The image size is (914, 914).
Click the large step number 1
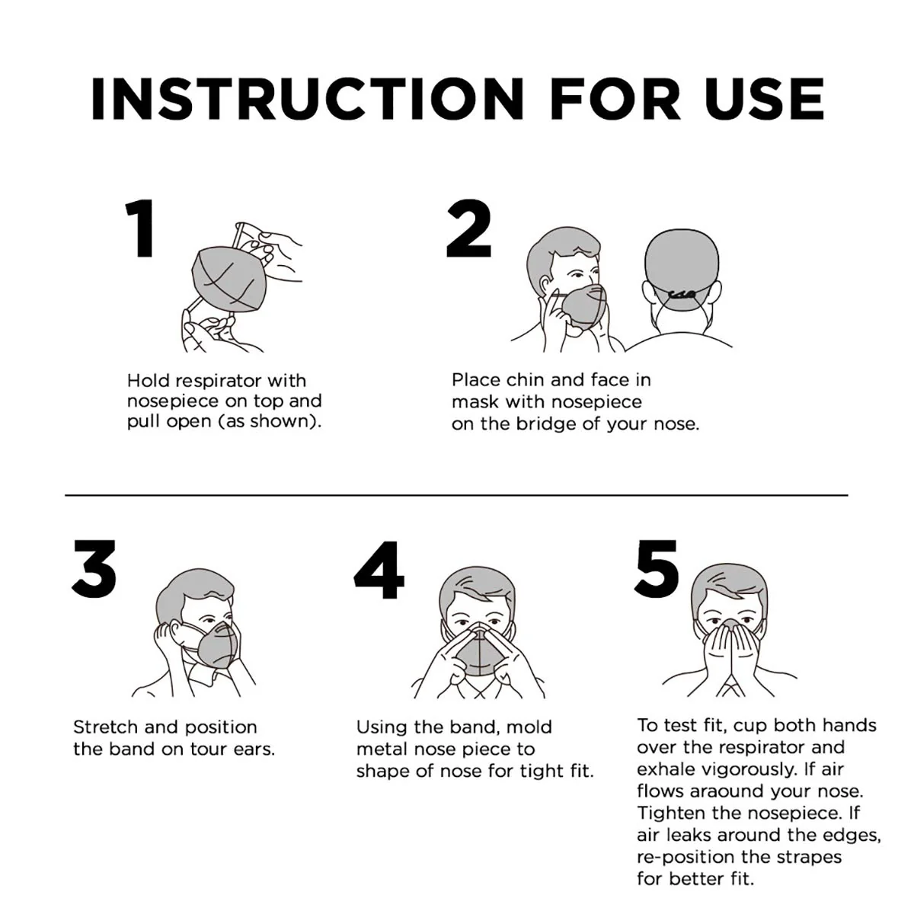click(x=141, y=228)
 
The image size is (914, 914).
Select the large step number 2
click(x=468, y=228)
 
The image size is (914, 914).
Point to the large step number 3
click(x=94, y=569)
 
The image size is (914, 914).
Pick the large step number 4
click(x=379, y=569)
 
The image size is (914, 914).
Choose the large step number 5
click(x=657, y=569)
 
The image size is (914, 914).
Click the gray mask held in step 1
click(x=229, y=281)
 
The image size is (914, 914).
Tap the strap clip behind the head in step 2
click(x=681, y=295)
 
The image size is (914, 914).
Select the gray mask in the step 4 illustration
click(x=480, y=652)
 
